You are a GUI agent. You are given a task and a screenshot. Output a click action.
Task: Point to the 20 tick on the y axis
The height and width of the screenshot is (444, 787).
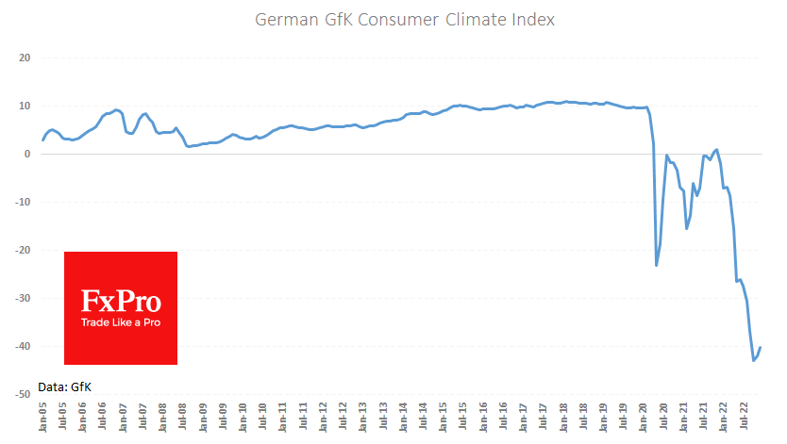(25, 58)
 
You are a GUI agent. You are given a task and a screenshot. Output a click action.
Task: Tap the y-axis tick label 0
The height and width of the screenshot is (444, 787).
(27, 154)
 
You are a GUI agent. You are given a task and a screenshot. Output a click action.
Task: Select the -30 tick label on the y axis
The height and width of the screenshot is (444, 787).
(23, 298)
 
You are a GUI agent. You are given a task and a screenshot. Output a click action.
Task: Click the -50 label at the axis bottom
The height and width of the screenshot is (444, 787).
(23, 394)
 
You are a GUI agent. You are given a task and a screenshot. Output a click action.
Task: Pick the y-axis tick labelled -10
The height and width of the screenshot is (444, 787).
(23, 202)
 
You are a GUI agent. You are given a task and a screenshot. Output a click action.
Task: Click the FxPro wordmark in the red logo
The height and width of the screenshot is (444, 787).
(121, 303)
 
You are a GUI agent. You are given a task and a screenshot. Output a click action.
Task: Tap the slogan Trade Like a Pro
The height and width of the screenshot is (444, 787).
(121, 323)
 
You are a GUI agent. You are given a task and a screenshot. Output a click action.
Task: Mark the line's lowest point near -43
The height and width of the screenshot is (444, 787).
(754, 360)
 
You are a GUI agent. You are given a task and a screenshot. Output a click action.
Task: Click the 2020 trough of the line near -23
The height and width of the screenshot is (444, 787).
(657, 265)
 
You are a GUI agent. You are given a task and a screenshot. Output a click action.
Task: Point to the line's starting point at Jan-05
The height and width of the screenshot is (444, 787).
(43, 140)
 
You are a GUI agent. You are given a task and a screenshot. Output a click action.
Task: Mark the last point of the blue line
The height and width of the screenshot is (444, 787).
(761, 348)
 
